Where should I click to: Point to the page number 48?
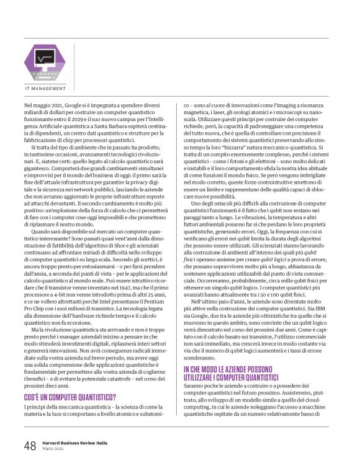point(30,446)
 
